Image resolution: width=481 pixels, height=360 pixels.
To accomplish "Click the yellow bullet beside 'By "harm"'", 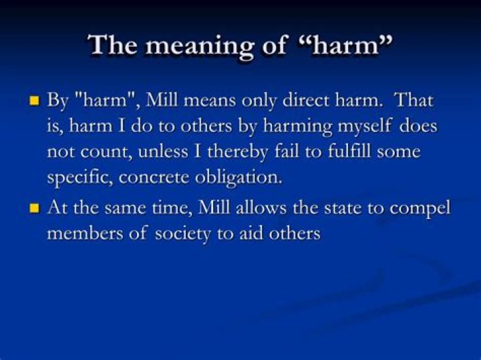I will pyautogui.click(x=35, y=102).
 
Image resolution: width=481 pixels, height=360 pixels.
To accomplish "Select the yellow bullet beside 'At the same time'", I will pyautogui.click(x=35, y=209).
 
